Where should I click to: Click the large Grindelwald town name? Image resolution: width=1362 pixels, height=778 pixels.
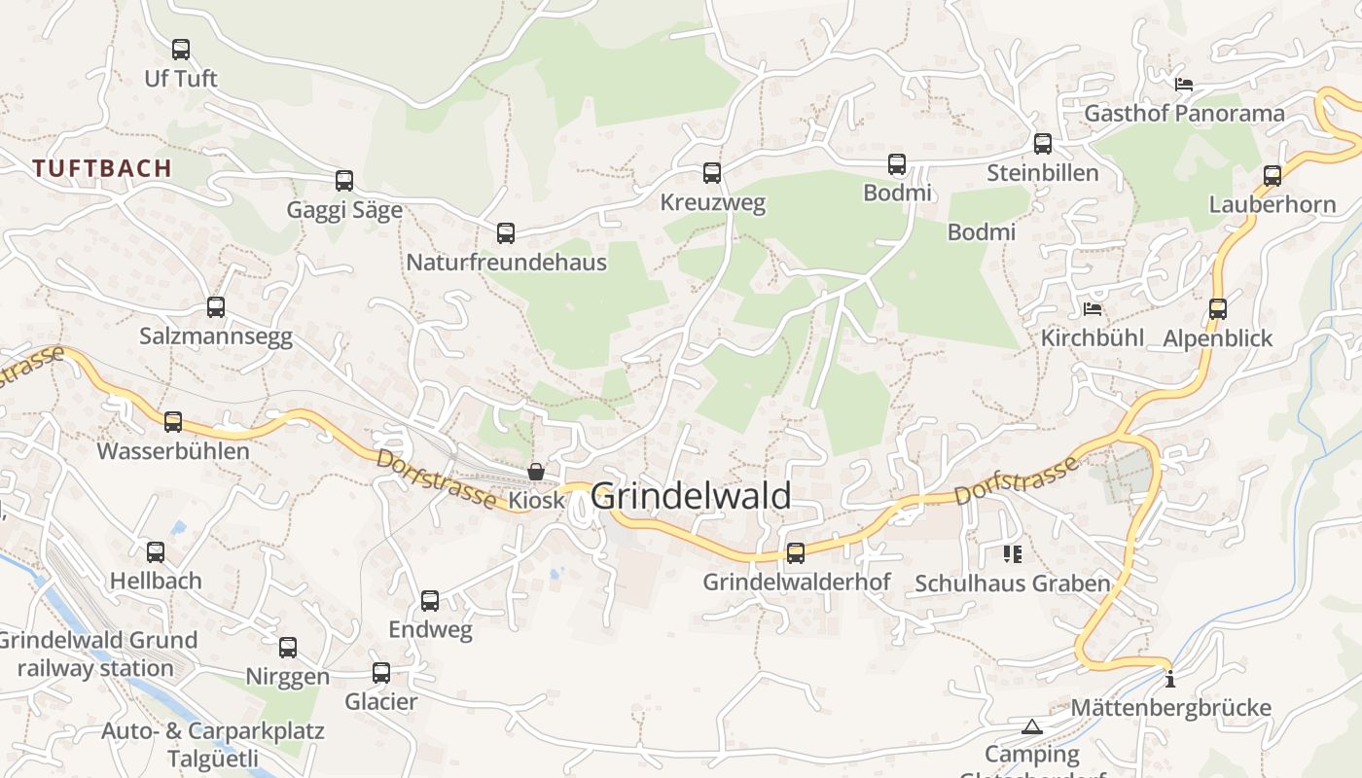(691, 496)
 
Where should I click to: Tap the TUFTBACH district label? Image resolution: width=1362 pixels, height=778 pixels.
(102, 168)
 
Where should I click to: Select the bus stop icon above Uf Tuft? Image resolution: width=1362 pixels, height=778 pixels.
(181, 50)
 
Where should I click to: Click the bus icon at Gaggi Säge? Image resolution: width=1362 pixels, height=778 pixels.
(344, 181)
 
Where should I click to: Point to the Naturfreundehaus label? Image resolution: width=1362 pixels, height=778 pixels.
(506, 263)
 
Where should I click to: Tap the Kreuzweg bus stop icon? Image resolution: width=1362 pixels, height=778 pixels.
(712, 173)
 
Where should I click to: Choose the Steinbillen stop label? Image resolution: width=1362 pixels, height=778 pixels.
(1042, 173)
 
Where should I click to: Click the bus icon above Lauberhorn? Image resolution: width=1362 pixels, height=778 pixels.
(1272, 176)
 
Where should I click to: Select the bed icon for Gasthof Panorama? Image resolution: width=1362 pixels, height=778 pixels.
(1184, 85)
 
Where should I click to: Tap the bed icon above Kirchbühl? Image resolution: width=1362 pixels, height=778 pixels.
(1093, 310)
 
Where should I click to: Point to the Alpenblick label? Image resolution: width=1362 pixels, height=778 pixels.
(1218, 338)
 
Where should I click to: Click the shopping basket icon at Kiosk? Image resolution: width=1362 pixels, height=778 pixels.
(536, 472)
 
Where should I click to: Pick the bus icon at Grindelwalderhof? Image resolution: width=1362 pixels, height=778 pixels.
(796, 553)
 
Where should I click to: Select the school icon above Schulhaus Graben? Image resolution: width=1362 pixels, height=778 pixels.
(1013, 554)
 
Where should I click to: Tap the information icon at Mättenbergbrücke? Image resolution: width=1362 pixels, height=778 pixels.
(1170, 679)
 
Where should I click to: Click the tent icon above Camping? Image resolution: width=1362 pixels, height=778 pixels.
(1031, 726)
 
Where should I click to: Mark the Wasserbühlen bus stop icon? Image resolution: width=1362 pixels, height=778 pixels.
(173, 422)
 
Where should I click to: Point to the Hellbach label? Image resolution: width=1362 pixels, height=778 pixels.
(156, 581)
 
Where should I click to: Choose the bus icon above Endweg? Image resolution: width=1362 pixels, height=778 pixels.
(430, 601)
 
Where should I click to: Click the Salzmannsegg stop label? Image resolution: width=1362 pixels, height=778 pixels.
(216, 336)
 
